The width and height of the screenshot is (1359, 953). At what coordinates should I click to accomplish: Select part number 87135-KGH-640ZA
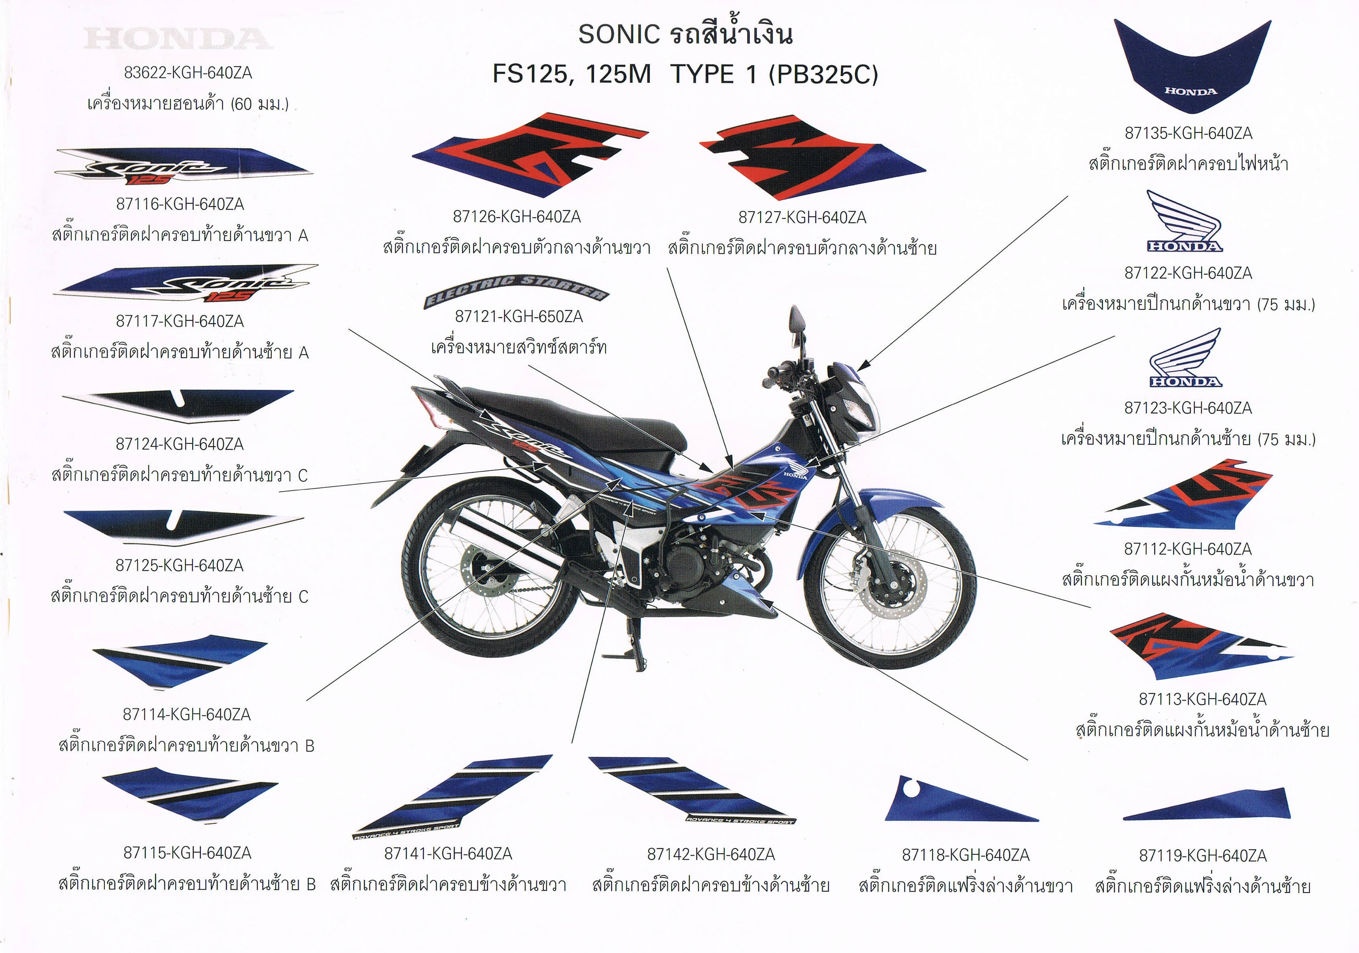1188,133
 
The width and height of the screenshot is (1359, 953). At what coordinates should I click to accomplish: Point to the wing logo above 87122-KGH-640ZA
1183,222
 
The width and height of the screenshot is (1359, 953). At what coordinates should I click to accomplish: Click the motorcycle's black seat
568,414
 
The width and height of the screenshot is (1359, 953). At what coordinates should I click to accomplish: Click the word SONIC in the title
619,34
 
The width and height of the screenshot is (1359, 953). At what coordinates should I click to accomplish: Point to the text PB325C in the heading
823,75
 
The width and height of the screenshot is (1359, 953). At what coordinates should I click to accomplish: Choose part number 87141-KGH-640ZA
448,854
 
